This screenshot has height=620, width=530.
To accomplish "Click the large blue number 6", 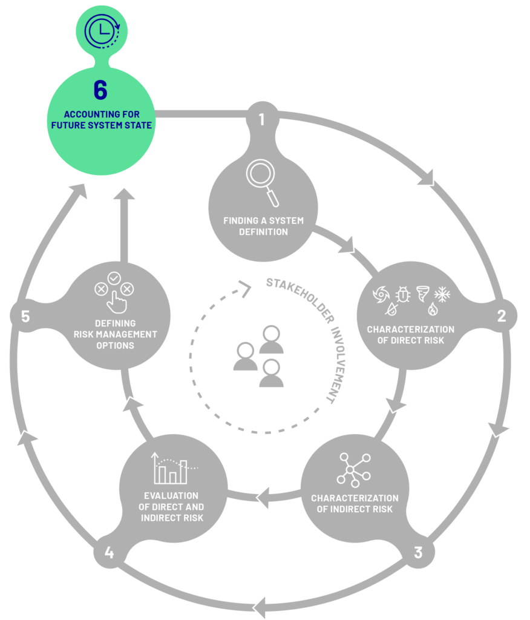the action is pyautogui.click(x=100, y=90).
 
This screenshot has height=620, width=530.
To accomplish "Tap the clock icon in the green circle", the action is pyautogui.click(x=102, y=31).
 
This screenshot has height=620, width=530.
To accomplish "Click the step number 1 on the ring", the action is pyautogui.click(x=261, y=119).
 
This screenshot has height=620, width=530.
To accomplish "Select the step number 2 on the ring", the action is pyautogui.click(x=502, y=315).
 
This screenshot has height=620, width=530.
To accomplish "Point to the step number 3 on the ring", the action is pyautogui.click(x=418, y=552).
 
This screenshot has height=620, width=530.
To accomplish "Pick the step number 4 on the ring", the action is pyautogui.click(x=109, y=552).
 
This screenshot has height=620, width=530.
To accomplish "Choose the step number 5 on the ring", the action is pyautogui.click(x=25, y=316).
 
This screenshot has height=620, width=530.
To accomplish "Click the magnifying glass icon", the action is pyautogui.click(x=263, y=182).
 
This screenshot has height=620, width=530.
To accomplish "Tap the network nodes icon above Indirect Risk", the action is pyautogui.click(x=354, y=470).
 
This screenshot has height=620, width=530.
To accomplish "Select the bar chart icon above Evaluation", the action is pyautogui.click(x=174, y=468).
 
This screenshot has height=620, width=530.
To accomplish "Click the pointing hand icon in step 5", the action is pyautogui.click(x=116, y=302).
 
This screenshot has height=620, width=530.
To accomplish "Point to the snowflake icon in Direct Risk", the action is pyautogui.click(x=442, y=294).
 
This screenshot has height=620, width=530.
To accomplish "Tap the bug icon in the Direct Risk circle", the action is pyautogui.click(x=403, y=294).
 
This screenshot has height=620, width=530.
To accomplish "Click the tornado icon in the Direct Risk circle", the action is pyautogui.click(x=422, y=294).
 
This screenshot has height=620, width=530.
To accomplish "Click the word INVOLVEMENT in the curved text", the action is pyautogui.click(x=337, y=364).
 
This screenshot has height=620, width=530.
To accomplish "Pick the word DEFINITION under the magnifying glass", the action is pyautogui.click(x=264, y=232).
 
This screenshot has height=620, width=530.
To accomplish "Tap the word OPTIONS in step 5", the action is pyautogui.click(x=116, y=345).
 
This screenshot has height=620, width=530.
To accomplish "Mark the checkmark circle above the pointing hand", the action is pyautogui.click(x=114, y=279).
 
